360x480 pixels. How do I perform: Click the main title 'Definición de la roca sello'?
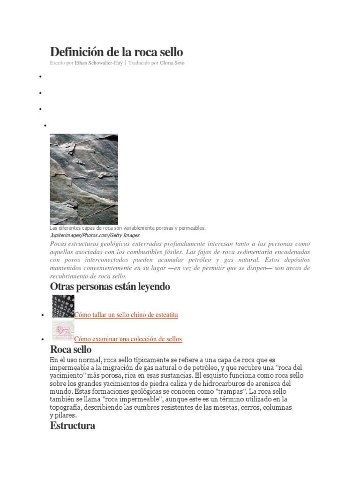point(116,51)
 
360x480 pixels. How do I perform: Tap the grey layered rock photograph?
point(84,179)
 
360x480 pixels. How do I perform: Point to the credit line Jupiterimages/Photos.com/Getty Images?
point(94,235)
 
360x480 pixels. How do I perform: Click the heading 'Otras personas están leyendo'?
point(110,286)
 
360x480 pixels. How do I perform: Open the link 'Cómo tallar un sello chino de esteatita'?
point(126,315)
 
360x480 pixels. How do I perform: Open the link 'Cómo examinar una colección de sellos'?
point(128,339)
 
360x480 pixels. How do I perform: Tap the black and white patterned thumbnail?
point(63,306)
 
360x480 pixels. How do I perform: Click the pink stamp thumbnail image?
point(63,331)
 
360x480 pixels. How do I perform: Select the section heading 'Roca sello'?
point(71,350)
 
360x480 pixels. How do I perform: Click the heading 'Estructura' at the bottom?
point(72,426)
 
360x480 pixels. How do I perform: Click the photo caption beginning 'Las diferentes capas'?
point(127,228)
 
